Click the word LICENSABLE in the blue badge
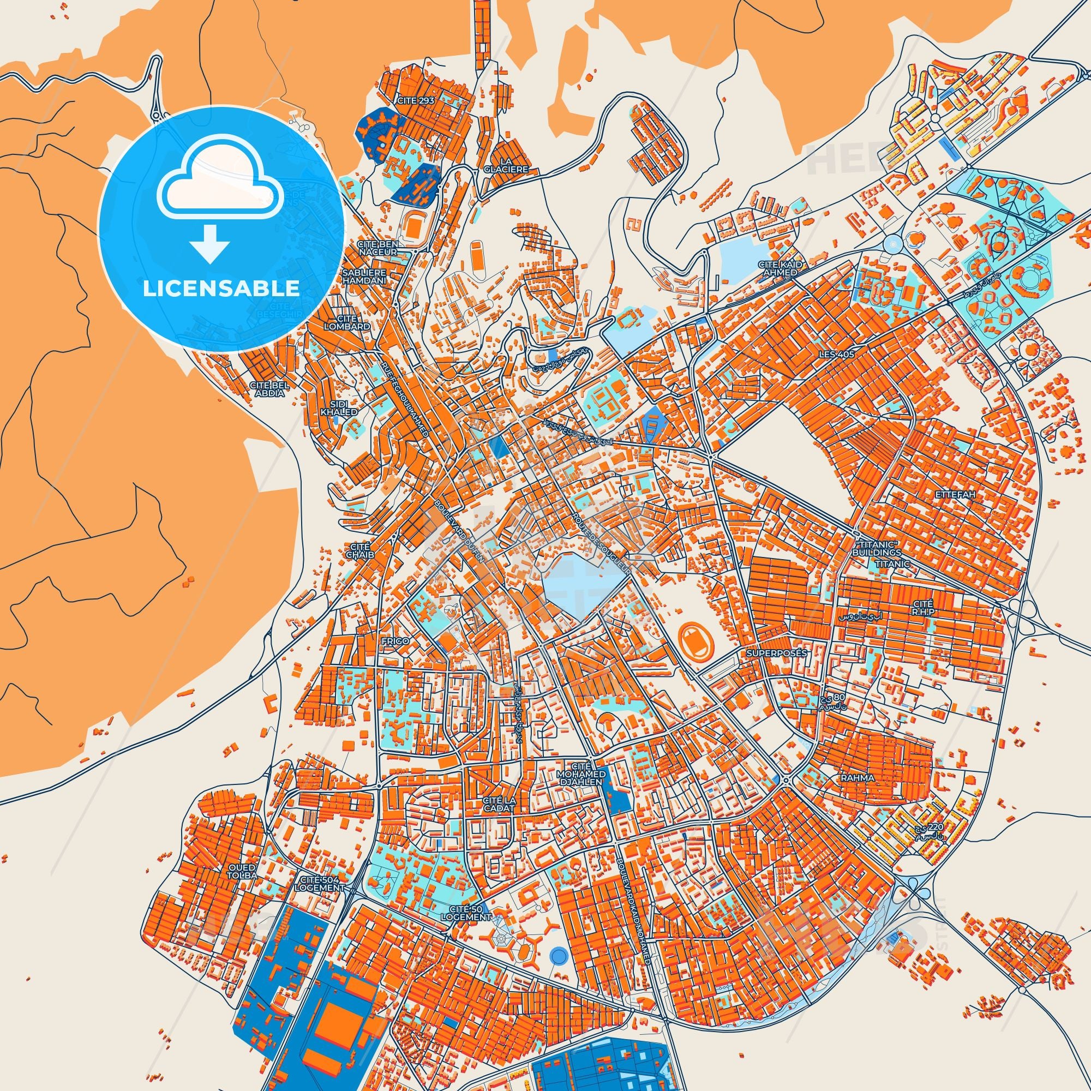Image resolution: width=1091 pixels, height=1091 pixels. point(221,288)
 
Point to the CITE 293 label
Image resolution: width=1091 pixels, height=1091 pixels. point(415,101)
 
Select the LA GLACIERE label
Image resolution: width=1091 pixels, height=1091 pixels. point(506,165)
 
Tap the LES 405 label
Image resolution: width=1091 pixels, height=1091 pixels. point(836,355)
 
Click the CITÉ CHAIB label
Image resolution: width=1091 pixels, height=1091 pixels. point(359,550)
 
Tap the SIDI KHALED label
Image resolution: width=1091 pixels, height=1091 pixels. point(339,408)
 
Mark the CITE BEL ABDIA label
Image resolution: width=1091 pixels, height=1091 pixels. point(269,389)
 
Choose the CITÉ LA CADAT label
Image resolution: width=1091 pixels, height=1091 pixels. point(499,804)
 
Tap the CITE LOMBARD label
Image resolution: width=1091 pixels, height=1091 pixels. point(348,322)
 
